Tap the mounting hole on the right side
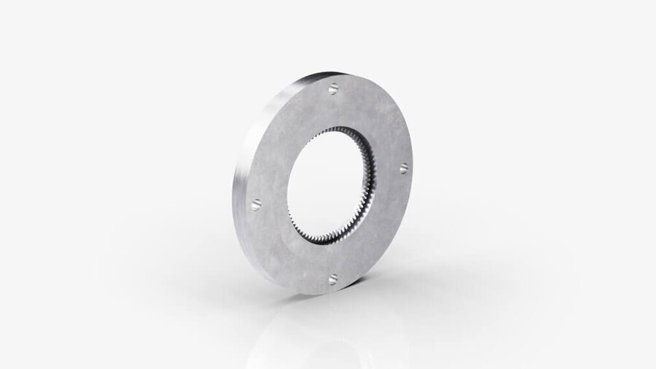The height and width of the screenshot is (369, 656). click(403, 168)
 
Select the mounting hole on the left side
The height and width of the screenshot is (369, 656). click(256, 206)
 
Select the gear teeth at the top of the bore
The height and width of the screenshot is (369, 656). click(343, 130)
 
